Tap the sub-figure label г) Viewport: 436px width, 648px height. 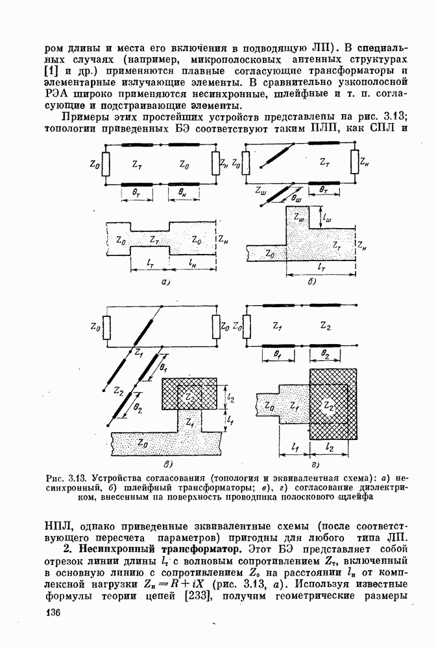(x=314, y=464)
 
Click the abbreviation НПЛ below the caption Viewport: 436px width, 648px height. (x=61, y=524)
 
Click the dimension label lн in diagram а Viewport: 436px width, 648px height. (x=193, y=264)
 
